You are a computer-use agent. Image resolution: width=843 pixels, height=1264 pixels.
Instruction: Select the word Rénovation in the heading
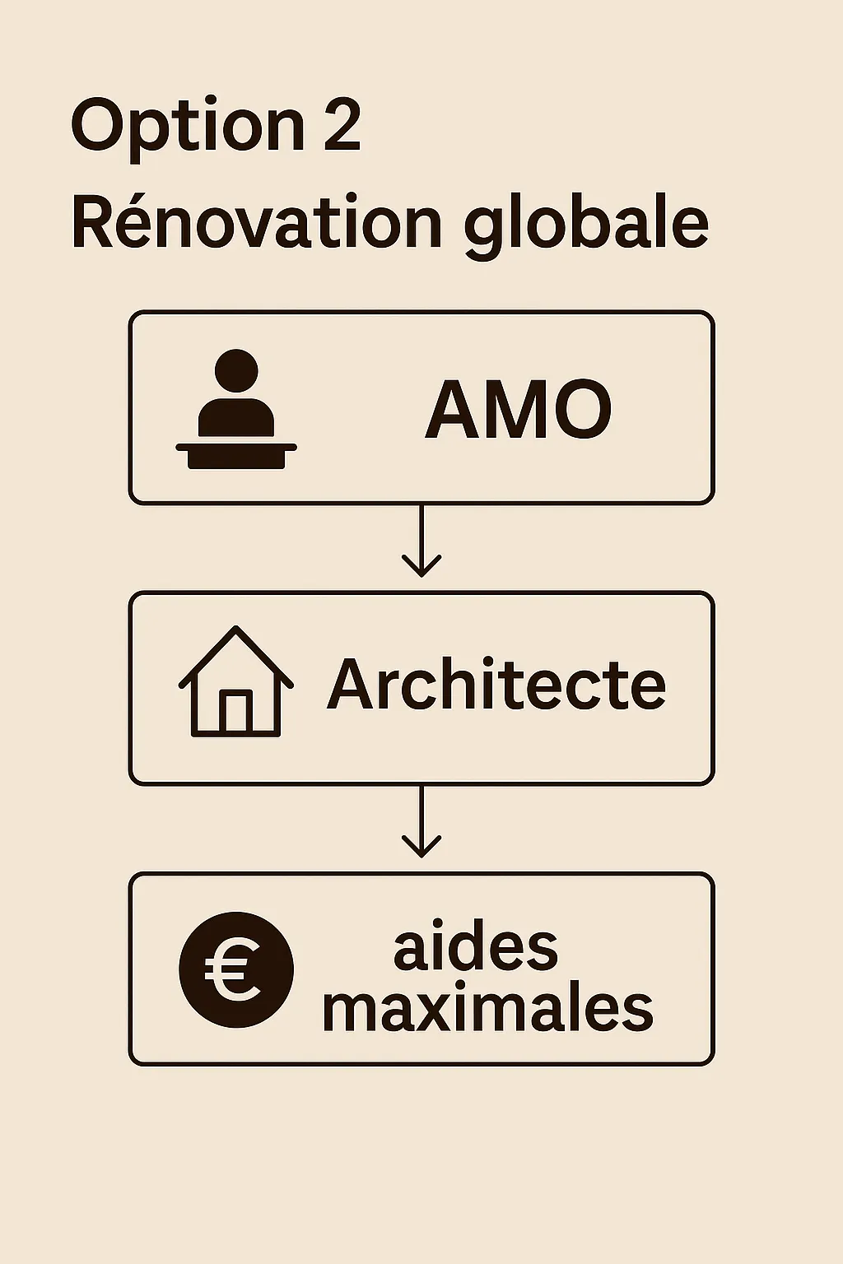(x=257, y=223)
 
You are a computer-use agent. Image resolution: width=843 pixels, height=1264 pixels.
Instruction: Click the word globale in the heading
(x=586, y=225)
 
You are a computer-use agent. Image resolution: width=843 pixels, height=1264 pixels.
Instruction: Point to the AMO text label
(x=519, y=409)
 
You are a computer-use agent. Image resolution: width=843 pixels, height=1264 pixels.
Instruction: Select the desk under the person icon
(x=236, y=453)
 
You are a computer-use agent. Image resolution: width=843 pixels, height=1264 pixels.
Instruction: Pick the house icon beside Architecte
(x=236, y=682)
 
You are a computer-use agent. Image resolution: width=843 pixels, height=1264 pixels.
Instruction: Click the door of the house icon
(x=236, y=712)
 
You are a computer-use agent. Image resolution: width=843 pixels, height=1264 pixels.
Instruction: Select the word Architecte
(x=496, y=685)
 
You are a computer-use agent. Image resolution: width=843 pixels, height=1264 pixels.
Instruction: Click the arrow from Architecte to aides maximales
(x=421, y=822)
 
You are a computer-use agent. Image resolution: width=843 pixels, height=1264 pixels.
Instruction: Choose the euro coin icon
(x=236, y=969)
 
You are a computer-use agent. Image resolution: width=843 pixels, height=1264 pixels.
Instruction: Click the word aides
(x=476, y=949)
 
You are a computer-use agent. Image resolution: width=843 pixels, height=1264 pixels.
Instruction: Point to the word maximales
(x=487, y=1008)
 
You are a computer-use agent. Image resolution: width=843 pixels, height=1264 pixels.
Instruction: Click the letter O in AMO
(x=582, y=409)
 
